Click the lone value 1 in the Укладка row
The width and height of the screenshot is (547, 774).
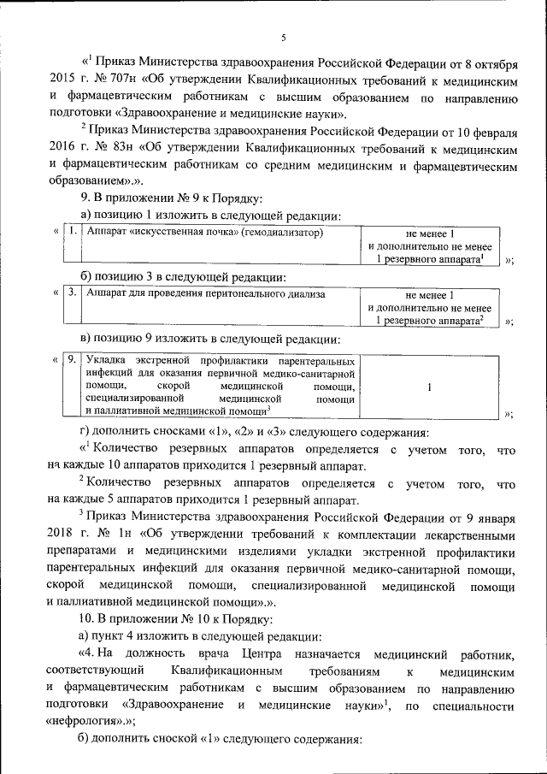coord(428,387)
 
